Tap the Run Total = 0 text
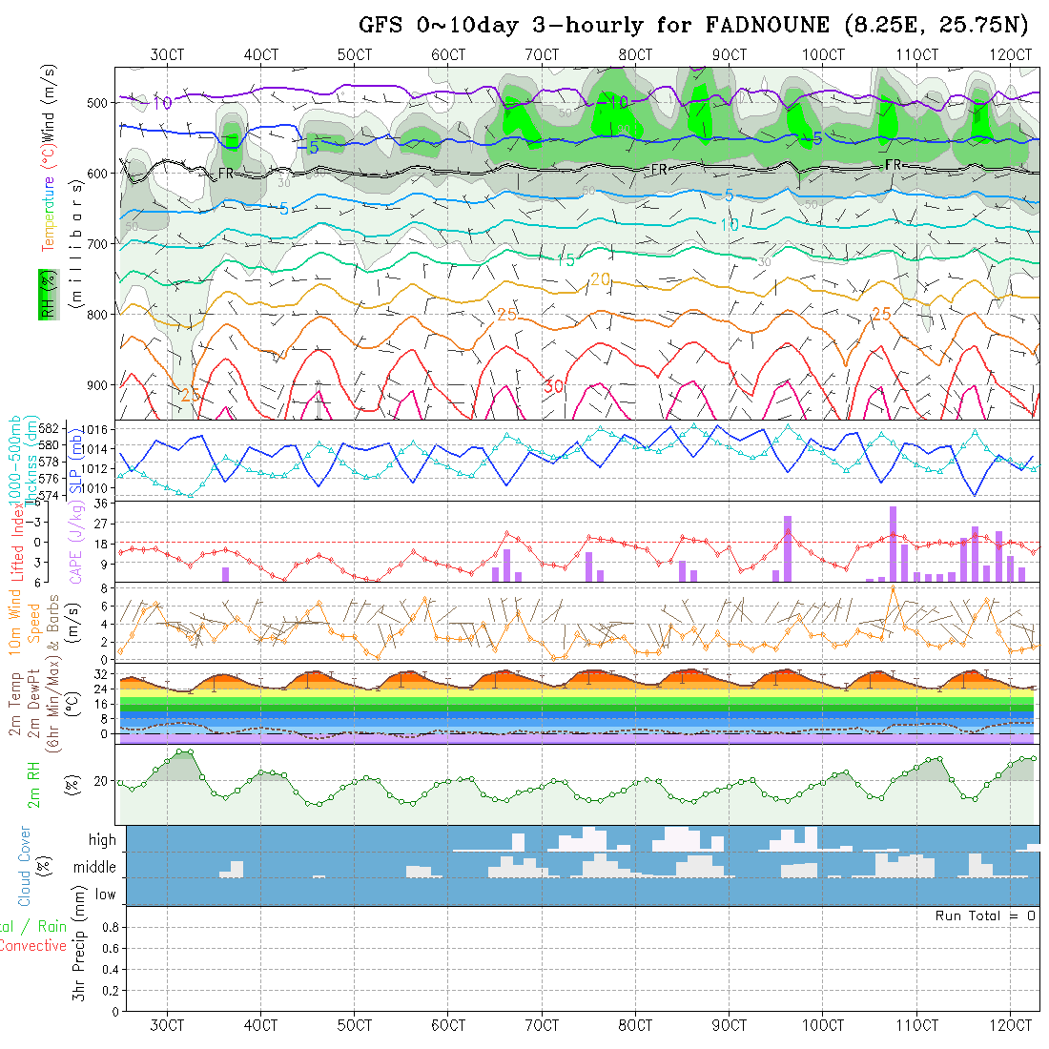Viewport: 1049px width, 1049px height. click(x=985, y=915)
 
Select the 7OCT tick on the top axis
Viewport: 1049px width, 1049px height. click(x=542, y=55)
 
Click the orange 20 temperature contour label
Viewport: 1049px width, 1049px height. click(x=600, y=279)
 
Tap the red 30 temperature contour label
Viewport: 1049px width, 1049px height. click(x=554, y=386)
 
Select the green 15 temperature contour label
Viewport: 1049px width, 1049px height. click(x=566, y=259)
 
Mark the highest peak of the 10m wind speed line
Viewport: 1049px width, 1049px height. click(x=893, y=587)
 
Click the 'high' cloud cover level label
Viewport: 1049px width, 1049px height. click(x=102, y=840)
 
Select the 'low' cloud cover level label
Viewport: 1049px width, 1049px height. click(x=105, y=895)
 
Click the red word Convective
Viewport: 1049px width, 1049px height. click(x=32, y=946)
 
